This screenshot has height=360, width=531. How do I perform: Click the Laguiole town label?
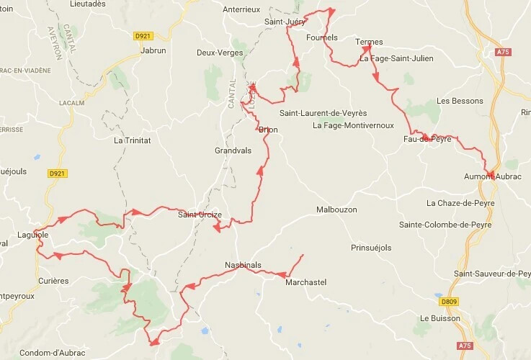[x=32, y=235]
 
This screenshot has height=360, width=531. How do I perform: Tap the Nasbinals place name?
[x=243, y=264]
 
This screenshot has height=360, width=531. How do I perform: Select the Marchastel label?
[x=305, y=282]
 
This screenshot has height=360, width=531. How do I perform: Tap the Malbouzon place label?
[x=336, y=210]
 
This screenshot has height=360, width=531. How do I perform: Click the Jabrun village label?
[x=154, y=52]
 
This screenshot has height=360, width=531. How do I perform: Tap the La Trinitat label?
[x=132, y=140]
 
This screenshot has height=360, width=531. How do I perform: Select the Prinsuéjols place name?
[x=370, y=247]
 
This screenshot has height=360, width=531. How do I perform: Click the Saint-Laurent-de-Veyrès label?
[x=323, y=113]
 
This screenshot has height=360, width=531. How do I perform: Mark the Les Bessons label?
[x=460, y=101]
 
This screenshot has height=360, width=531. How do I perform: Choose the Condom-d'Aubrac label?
[x=50, y=352]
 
